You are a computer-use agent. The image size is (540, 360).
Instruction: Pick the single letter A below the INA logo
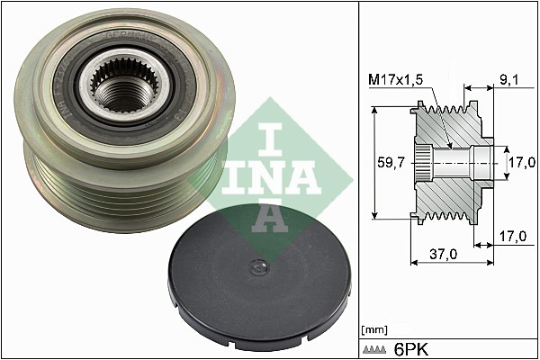(269, 215)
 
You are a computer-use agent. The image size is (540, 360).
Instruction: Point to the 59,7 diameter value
(392, 163)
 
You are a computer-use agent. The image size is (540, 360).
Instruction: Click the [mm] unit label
(373, 328)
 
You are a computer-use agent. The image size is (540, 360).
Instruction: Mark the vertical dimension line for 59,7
(372, 164)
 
